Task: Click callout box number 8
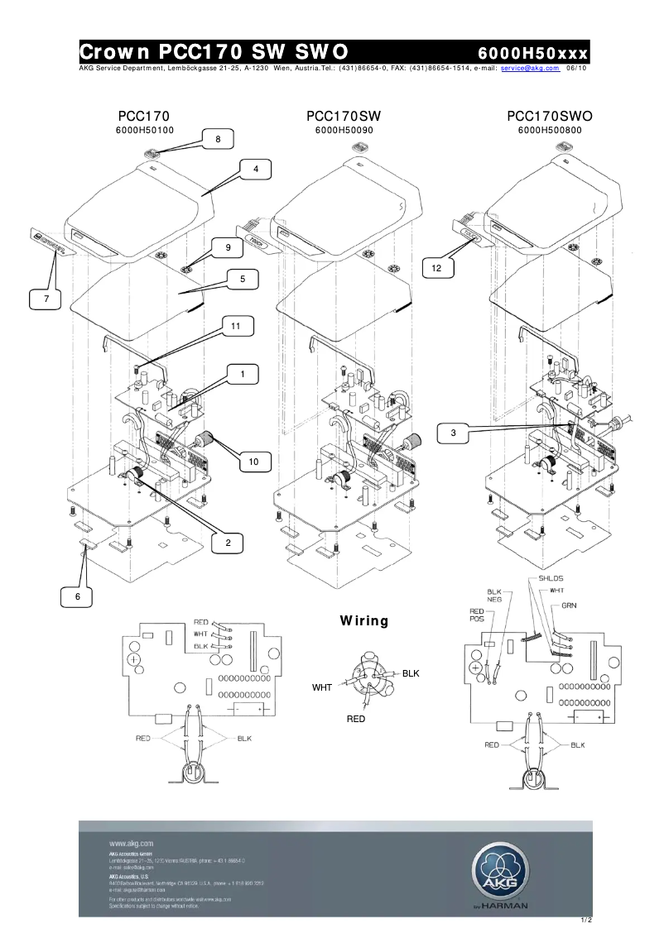tap(218, 140)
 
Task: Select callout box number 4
tap(256, 169)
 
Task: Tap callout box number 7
tap(46, 298)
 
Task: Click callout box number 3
tap(453, 433)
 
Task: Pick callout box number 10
tap(255, 462)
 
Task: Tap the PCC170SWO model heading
tap(550, 116)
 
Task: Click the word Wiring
tap(363, 620)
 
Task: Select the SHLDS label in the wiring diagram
tap(551, 577)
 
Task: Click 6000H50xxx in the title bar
tap(532, 53)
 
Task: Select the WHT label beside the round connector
tap(321, 687)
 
